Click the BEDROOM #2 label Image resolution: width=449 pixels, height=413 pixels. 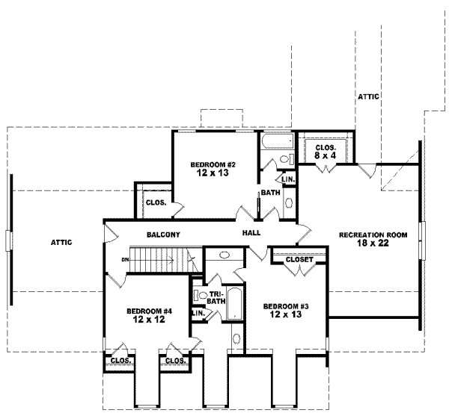tap(203, 164)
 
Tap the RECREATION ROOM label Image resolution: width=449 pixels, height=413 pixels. tap(373, 235)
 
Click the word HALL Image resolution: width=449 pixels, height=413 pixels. tap(251, 234)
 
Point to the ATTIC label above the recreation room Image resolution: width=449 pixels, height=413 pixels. tap(368, 96)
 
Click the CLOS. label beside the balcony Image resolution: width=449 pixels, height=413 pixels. tap(156, 202)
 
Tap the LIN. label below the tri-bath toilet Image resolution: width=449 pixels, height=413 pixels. tap(198, 313)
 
